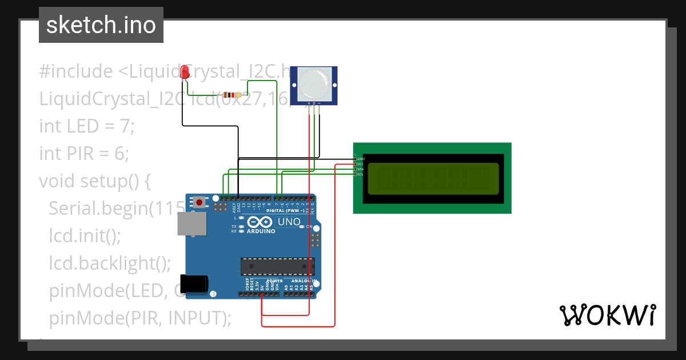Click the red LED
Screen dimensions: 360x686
[x=184, y=72]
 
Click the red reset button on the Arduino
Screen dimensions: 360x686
[x=199, y=202]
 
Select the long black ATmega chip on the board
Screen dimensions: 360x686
[x=277, y=266]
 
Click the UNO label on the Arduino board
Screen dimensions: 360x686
[x=289, y=222]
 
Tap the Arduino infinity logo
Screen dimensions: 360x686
[x=260, y=222]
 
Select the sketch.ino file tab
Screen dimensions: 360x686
[x=101, y=25]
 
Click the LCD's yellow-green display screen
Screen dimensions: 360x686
[x=433, y=178]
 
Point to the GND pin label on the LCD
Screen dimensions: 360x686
[x=361, y=159]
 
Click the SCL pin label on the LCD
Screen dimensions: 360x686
[x=360, y=174]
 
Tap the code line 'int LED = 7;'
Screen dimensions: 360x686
[x=87, y=126]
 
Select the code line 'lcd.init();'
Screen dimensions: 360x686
[x=85, y=235]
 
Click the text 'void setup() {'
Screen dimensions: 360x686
[x=94, y=181]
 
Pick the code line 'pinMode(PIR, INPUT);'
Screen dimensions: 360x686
[x=140, y=318]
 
